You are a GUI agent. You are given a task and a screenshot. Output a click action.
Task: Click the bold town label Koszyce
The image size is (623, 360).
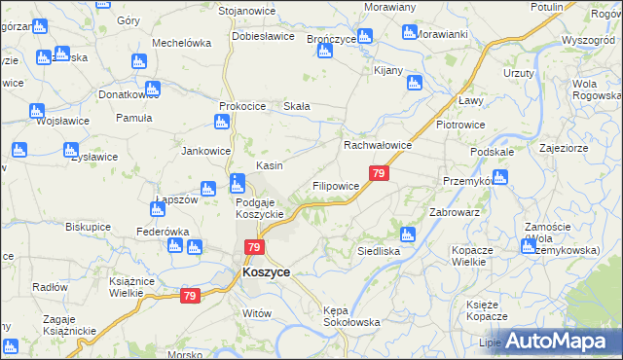[266, 273]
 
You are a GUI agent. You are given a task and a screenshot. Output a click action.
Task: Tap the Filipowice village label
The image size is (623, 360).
[336, 185]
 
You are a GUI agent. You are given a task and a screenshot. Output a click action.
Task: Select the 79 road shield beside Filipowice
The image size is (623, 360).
[380, 174]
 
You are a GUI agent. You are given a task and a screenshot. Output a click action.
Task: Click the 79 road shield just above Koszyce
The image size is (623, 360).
[253, 248]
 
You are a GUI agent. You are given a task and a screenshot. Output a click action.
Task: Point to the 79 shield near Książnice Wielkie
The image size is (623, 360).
[190, 296]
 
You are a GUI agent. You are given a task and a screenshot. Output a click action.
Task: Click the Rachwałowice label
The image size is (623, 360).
[378, 145]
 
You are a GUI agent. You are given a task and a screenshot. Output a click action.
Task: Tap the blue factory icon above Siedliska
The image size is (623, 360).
[408, 234]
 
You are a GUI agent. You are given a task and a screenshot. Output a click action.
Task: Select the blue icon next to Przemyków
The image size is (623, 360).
[499, 177]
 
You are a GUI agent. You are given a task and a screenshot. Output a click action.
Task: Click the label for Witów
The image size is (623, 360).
[255, 312]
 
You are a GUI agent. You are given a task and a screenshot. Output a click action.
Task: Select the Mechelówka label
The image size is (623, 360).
[182, 43]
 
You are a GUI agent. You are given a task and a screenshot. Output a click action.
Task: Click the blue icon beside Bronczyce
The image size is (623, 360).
[365, 37]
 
